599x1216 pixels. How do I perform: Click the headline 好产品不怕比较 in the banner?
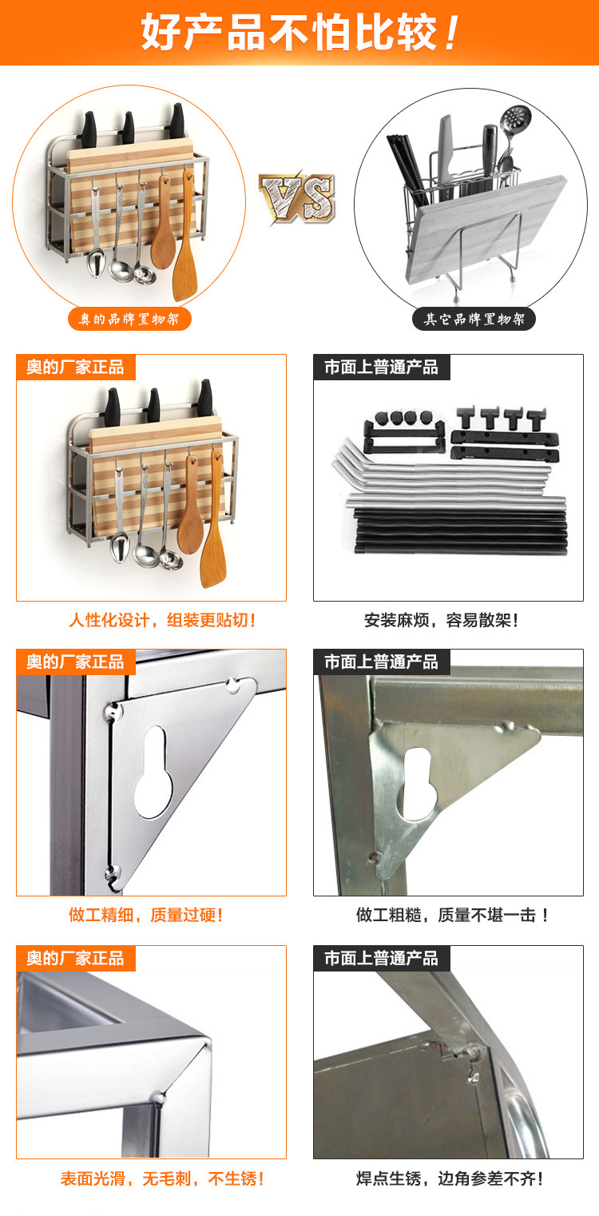(299, 33)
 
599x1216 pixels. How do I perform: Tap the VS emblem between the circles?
(297, 198)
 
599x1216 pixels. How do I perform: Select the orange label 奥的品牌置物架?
(129, 319)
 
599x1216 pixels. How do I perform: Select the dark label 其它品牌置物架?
(474, 319)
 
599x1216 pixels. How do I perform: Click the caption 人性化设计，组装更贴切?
(161, 620)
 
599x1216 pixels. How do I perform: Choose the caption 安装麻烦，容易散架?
(441, 620)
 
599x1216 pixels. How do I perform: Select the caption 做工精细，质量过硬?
(145, 915)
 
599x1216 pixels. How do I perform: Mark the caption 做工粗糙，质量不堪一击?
(452, 915)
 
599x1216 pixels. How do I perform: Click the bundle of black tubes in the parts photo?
(460, 531)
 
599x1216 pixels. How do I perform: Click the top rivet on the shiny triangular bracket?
(234, 685)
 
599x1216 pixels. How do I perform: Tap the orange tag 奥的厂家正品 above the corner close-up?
(75, 958)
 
